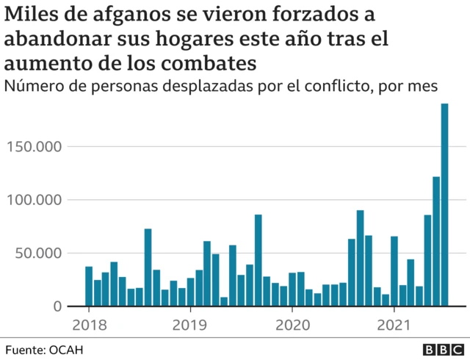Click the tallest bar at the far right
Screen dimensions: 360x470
pyautogui.click(x=444, y=205)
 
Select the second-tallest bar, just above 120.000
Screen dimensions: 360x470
pyautogui.click(x=436, y=242)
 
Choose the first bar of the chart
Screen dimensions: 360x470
pyautogui.click(x=89, y=287)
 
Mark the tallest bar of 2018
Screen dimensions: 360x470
pyautogui.click(x=148, y=267)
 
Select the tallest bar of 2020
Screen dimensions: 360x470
pyautogui.click(x=360, y=259)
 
